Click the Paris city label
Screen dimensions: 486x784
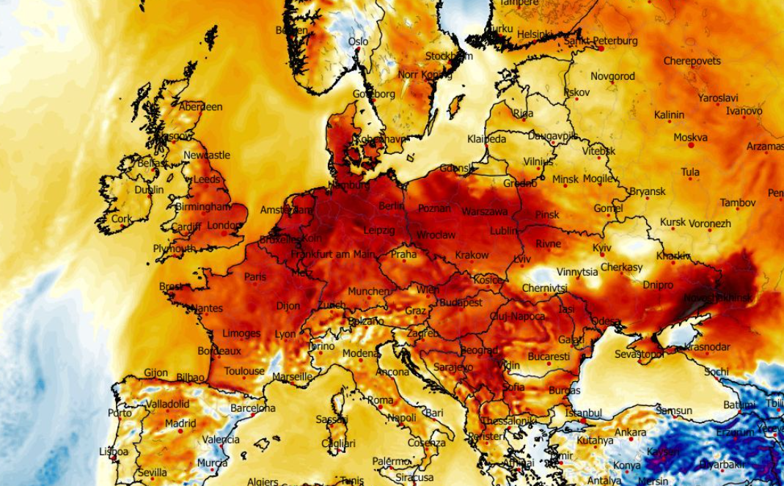pos(254,277)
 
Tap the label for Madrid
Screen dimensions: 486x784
pos(180,424)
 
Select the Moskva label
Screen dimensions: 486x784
pos(690,137)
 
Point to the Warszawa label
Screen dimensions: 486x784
pos(484,212)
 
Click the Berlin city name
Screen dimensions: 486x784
pos(391,207)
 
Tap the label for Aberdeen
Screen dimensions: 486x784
pos(200,107)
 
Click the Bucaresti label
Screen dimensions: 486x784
pos(548,357)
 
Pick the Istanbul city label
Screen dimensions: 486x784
pos(584,413)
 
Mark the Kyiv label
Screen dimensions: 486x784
pos(601,248)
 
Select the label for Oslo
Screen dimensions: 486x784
pos(358,42)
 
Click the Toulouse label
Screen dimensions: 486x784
pos(244,372)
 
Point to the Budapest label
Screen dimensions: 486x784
pos(461,302)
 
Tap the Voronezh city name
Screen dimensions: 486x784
pos(711,223)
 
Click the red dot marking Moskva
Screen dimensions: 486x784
pos(690,146)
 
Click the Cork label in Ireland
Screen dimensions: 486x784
pos(122,219)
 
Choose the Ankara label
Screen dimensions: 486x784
pos(630,432)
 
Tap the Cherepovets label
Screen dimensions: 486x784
pos(692,61)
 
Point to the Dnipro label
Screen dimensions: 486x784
pos(658,284)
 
